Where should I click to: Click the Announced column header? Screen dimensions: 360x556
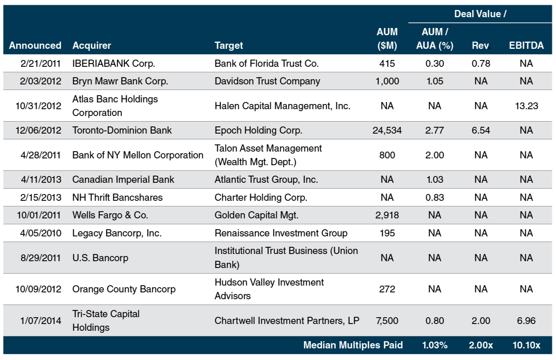(x=35, y=46)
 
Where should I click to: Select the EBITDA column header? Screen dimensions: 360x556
(x=526, y=46)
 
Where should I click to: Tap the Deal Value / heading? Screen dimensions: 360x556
(x=480, y=14)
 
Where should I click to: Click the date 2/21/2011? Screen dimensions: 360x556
(x=40, y=64)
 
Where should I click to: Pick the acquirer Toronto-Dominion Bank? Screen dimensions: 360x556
(x=122, y=130)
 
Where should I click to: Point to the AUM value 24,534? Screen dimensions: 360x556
(x=387, y=130)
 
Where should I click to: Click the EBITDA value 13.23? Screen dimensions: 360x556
(x=526, y=106)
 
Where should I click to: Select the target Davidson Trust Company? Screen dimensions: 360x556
(x=267, y=81)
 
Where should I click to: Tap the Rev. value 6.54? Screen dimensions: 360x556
(x=480, y=130)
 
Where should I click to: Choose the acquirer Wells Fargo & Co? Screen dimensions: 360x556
(x=110, y=215)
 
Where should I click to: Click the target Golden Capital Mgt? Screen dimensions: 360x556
(x=256, y=215)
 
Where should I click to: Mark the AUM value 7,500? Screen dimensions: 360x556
(x=387, y=321)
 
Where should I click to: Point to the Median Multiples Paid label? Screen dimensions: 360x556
(x=353, y=345)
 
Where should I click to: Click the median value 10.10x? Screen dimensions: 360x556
(x=526, y=345)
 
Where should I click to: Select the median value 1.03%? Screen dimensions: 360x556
(x=434, y=345)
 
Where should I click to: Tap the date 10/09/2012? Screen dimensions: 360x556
(x=38, y=289)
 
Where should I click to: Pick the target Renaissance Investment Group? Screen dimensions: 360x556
(x=281, y=233)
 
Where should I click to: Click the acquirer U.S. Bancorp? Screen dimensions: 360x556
(x=100, y=258)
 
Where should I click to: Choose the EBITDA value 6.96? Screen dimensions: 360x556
(x=526, y=321)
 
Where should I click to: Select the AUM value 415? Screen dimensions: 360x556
(x=387, y=64)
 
